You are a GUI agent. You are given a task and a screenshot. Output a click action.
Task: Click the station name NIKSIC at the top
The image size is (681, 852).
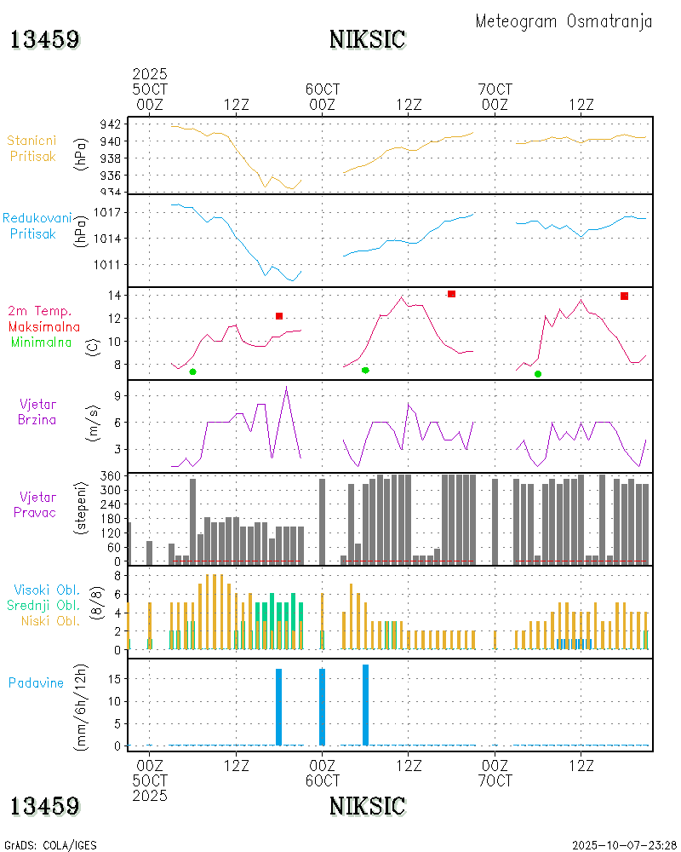(x=367, y=39)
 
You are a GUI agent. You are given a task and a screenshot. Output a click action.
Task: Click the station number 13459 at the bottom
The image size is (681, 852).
(x=45, y=805)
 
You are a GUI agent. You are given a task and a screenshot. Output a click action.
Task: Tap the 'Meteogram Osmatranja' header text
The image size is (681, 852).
(x=564, y=21)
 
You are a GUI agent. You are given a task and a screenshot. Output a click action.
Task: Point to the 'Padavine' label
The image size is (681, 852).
(x=37, y=682)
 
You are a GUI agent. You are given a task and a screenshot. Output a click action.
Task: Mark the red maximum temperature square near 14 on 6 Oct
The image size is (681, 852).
(x=451, y=294)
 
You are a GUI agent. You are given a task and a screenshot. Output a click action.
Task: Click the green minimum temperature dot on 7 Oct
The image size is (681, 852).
(x=538, y=374)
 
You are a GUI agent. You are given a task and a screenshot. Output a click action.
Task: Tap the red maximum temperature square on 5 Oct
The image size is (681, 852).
(x=279, y=316)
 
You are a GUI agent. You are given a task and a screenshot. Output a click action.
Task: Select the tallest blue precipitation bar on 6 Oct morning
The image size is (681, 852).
(x=365, y=705)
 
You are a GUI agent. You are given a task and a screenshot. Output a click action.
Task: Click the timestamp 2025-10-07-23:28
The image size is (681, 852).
(x=624, y=845)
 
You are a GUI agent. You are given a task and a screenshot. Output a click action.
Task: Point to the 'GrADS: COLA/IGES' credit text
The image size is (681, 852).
(x=50, y=845)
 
